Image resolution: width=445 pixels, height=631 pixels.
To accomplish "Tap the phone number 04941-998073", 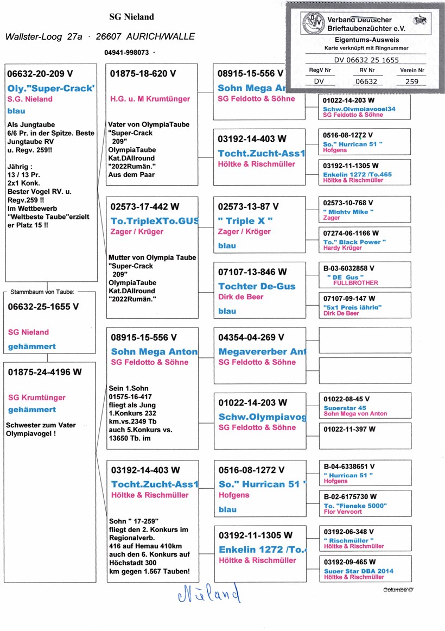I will (x=126, y=53).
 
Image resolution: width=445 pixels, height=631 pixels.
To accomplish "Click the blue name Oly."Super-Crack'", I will (x=51, y=88).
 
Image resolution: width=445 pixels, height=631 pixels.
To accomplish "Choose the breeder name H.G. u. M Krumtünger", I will (x=150, y=99).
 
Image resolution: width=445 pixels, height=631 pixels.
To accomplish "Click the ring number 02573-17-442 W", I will (x=144, y=207).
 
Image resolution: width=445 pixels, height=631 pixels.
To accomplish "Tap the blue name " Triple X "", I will (x=245, y=221).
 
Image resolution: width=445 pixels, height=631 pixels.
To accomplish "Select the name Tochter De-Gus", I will (x=257, y=286).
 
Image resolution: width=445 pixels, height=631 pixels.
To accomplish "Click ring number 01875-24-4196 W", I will (x=45, y=372).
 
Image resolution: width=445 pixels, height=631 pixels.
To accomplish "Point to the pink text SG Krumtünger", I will (x=37, y=397).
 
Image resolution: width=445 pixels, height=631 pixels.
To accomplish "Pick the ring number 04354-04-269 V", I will (x=251, y=337).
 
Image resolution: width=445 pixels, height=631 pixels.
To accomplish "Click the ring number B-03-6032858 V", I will (x=348, y=268).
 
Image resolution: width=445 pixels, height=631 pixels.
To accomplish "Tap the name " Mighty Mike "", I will (x=348, y=212).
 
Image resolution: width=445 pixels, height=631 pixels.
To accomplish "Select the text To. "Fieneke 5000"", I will (x=355, y=506).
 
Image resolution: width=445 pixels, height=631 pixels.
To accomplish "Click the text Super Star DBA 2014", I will (x=359, y=571).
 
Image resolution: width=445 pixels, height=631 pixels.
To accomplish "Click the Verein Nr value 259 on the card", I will (x=412, y=81).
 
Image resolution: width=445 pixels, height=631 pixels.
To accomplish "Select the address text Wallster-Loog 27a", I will (x=44, y=36).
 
